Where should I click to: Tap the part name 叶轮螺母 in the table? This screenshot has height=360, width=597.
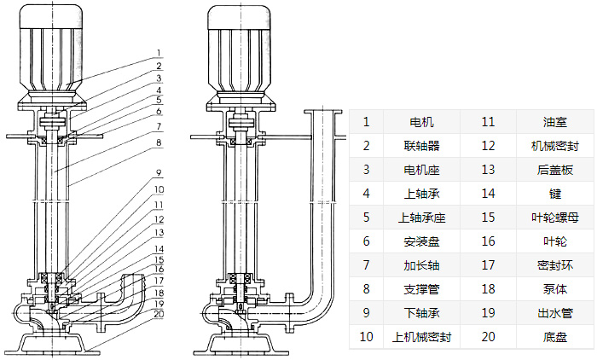coord(545,218)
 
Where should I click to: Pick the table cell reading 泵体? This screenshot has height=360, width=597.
coord(545,289)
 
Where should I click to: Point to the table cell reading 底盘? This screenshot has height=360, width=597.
coord(545,337)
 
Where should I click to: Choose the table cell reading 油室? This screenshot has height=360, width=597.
coord(545,122)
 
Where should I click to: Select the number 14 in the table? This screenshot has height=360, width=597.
coord(489,194)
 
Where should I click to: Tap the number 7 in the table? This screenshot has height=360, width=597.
coord(367,265)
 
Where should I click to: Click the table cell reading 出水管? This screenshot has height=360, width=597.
coord(545,313)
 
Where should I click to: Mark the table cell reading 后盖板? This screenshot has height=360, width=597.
coord(545,170)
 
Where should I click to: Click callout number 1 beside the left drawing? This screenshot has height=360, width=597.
coord(159,53)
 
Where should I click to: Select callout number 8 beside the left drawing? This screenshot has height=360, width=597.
coord(159,142)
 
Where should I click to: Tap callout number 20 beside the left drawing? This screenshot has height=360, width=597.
coord(159,312)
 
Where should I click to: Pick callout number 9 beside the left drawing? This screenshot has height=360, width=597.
coord(159,173)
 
